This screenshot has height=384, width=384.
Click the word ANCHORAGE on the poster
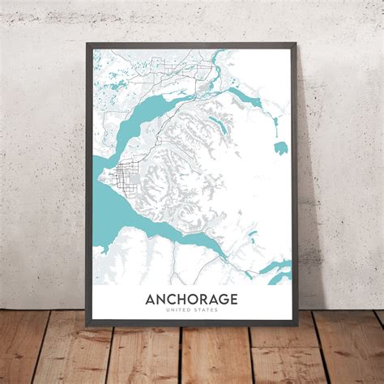(x=191, y=300)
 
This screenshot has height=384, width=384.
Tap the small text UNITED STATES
(x=191, y=313)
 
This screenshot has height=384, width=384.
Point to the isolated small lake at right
(x=280, y=147)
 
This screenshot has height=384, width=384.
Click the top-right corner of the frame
(x=297, y=42)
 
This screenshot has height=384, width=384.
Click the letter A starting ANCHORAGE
(x=150, y=300)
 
